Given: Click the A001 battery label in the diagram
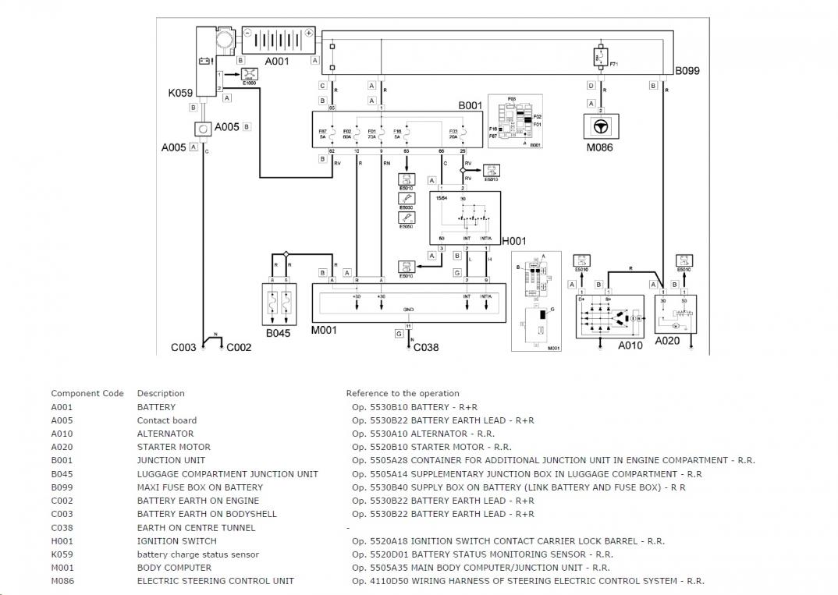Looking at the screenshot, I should [278, 59].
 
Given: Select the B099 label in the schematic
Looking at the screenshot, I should [687, 70].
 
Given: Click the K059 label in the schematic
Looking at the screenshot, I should [180, 93].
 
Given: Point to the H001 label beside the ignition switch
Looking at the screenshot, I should [514, 242].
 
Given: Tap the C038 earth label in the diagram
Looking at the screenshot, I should [426, 347].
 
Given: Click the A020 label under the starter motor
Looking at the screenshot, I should [667, 341].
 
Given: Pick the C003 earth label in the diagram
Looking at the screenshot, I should [183, 348].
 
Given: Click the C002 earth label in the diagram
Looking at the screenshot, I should [239, 348].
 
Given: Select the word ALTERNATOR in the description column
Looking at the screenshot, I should [165, 434].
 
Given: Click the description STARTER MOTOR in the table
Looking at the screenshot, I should [173, 447].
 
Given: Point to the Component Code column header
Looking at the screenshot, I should [87, 393].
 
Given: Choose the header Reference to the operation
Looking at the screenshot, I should [403, 393].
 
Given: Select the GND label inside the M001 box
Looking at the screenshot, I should [408, 309].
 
